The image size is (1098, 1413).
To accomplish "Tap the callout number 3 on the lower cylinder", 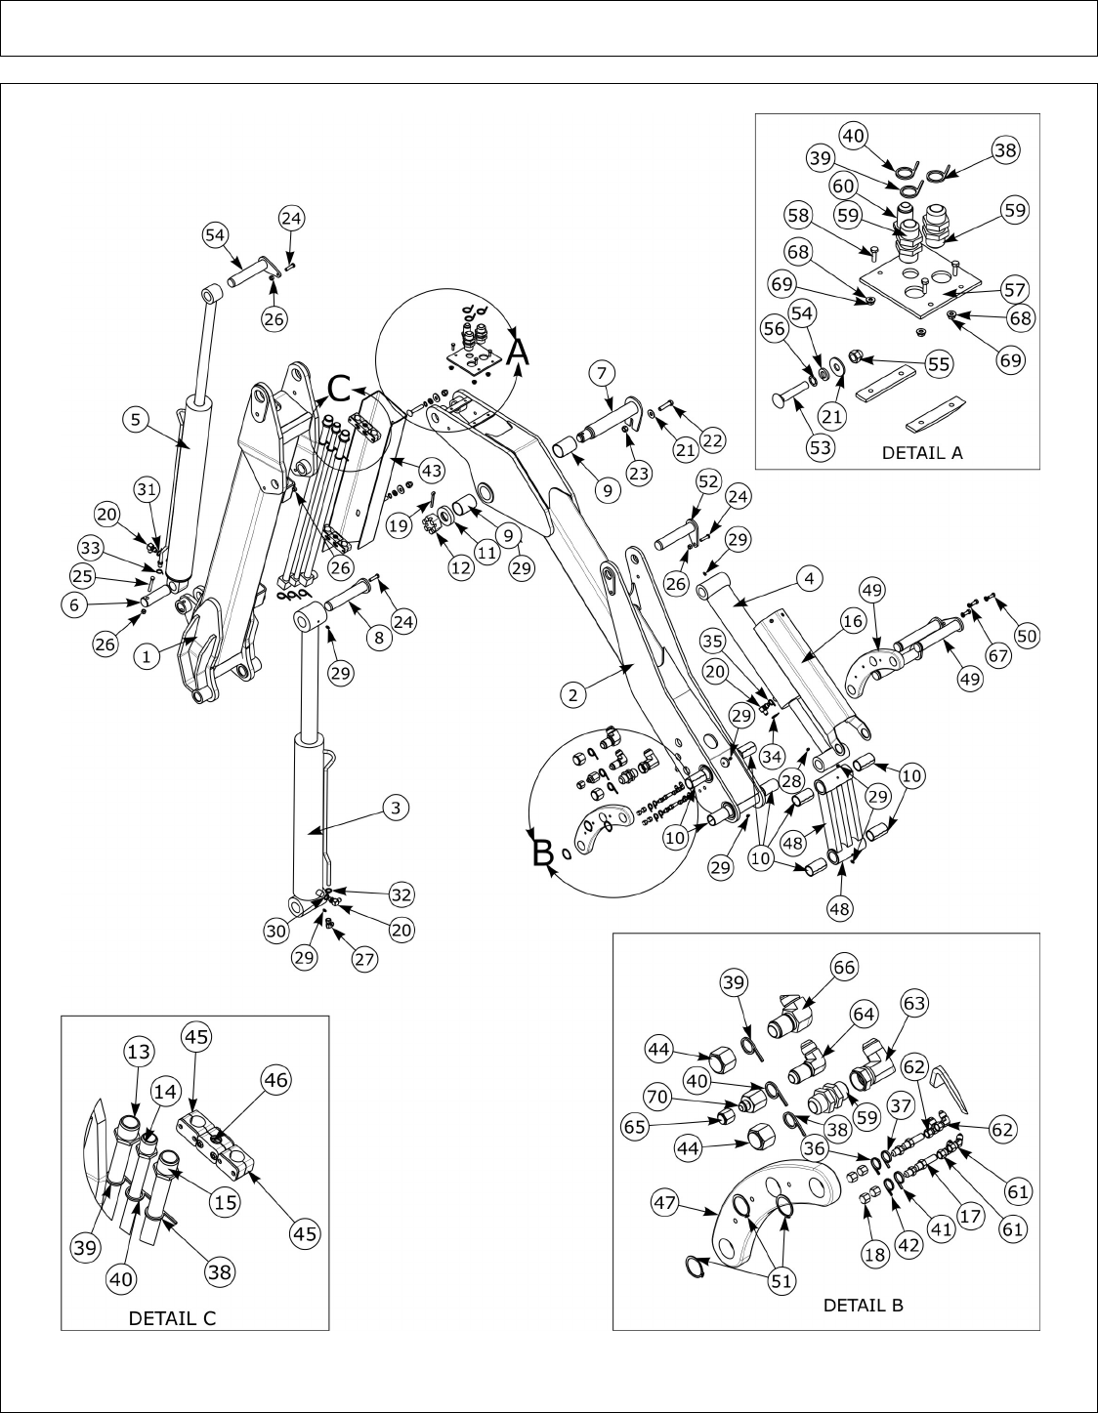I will coord(395,808).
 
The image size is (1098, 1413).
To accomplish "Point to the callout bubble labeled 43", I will coord(431,471).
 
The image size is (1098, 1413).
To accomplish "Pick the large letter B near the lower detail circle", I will coord(542,854).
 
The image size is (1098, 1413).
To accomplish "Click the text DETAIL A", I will coord(921,452).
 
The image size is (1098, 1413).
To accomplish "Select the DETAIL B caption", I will coord(863,1305).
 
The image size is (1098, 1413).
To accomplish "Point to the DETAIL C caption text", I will coord(173,1317).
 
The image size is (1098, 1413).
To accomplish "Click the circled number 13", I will coord(138,1050).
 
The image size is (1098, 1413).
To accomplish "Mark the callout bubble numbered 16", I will coord(852,620).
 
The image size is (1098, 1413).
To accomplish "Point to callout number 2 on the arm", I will coord(573,694).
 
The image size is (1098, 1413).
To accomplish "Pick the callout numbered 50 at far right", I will coord(1026,635).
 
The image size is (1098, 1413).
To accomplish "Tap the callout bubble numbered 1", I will coord(147,657).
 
